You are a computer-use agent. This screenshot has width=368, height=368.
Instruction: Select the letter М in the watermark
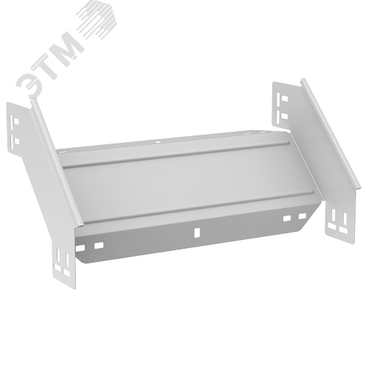tap(68, 45)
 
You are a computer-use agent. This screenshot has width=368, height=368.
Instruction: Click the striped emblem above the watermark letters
tap(97, 19)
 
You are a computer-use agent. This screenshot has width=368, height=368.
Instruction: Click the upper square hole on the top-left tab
tap(16, 121)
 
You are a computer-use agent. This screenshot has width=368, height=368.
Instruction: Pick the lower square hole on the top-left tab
tap(17, 141)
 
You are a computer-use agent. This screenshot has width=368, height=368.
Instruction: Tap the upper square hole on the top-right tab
tap(284, 99)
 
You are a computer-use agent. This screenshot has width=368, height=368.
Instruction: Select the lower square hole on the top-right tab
tap(284, 116)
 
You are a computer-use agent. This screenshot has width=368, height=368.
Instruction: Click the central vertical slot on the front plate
tap(197, 233)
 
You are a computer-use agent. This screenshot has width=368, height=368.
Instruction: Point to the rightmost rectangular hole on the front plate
tap(302, 216)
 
